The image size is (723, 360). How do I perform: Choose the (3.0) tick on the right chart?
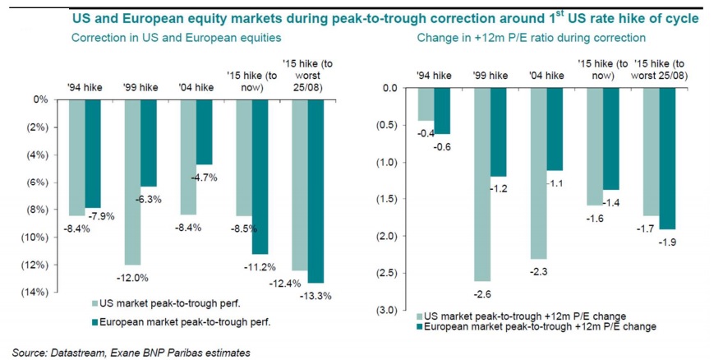tap(385, 310)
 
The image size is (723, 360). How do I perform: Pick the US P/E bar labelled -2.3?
tap(540, 173)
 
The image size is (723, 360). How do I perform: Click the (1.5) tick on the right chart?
tap(385, 199)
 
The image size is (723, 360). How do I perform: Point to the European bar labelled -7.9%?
tap(94, 154)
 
